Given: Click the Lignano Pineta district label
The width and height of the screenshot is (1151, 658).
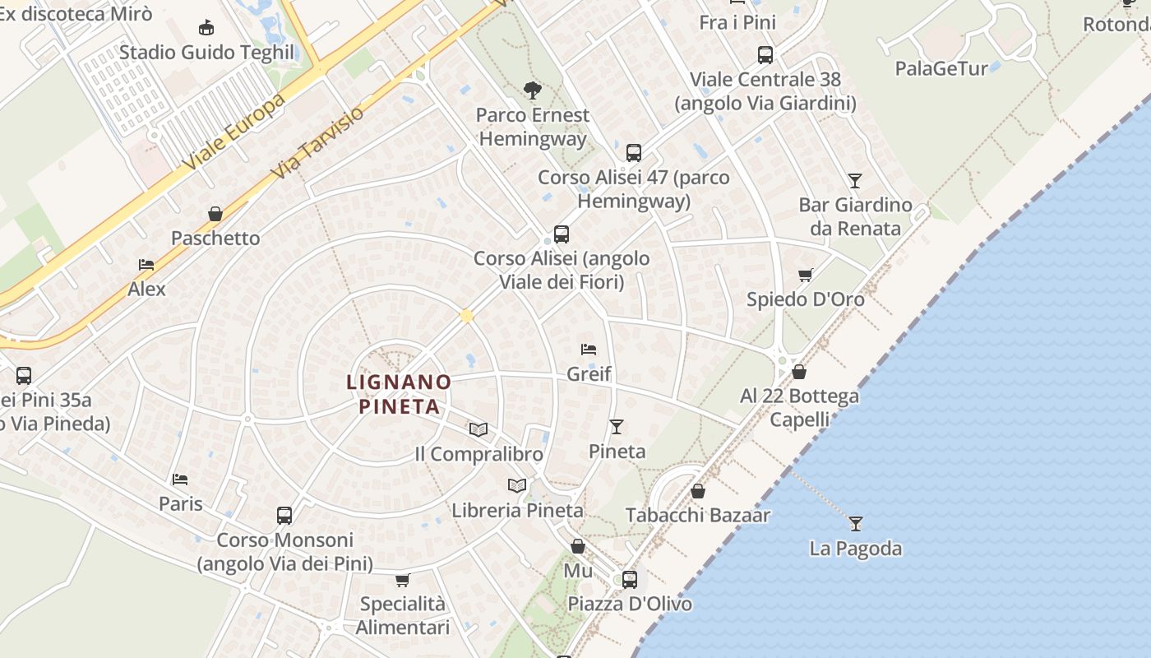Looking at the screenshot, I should point(399,394).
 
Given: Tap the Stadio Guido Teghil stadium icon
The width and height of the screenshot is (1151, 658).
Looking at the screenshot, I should point(206,27).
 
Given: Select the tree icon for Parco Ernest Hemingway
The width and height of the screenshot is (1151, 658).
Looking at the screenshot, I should point(533,90).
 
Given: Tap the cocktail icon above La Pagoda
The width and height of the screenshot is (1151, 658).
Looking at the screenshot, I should point(855,523).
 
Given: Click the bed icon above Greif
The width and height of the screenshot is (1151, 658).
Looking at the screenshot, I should point(588,350).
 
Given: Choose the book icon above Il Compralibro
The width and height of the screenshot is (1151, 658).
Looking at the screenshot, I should point(478,429).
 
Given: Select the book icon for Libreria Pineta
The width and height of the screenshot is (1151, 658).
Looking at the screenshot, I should point(517,486).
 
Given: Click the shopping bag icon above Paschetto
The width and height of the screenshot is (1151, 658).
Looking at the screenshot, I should point(215,214).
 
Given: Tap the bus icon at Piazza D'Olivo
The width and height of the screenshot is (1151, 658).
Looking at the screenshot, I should point(630,579).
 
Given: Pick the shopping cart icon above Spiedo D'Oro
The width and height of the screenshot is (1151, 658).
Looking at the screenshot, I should point(805,275).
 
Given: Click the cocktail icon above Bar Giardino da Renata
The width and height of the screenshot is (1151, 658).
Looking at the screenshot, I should point(855,180).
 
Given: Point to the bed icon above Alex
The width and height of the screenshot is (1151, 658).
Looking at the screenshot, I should point(146,265).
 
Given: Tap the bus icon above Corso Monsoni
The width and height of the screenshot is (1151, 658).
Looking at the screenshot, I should point(284,516).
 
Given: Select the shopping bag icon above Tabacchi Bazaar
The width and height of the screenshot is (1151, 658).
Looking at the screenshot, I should point(698,491).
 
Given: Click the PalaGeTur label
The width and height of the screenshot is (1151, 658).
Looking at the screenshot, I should point(941,68).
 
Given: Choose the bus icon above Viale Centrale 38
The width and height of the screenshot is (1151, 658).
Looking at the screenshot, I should point(765,55).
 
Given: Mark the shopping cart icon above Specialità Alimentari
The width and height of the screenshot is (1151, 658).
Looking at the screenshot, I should point(402,580).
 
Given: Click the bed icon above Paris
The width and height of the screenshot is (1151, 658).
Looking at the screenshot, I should point(180,480).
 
